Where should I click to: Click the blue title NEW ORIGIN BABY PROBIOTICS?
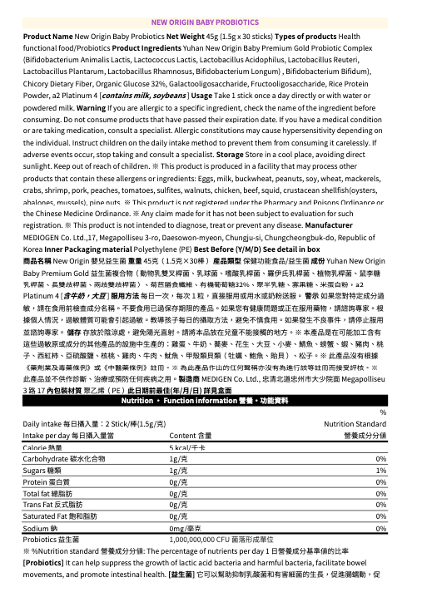(x=213, y=22)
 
